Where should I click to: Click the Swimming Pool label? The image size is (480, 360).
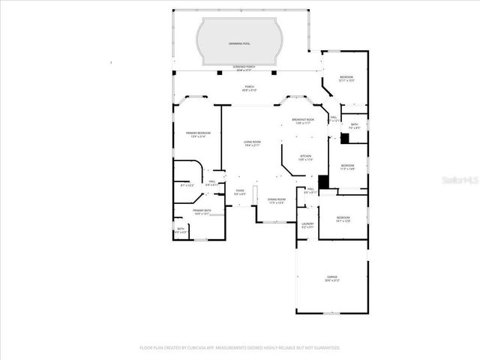(x=240, y=43)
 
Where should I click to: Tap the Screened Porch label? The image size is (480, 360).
(x=240, y=68)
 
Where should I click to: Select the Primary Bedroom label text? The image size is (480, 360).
(x=198, y=134)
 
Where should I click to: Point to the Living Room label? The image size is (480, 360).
(x=251, y=142)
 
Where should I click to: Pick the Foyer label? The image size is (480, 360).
(x=240, y=192)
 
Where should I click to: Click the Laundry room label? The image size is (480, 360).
(x=307, y=224)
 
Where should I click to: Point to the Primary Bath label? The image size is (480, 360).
(x=202, y=211)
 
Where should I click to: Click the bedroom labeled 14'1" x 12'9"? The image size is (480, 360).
(x=343, y=219)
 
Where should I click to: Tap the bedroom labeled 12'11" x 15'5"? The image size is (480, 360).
(x=346, y=79)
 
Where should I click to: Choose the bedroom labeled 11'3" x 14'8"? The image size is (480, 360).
(x=347, y=166)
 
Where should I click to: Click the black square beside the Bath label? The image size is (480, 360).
(x=344, y=137)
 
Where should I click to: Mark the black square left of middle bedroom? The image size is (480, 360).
(x=322, y=181)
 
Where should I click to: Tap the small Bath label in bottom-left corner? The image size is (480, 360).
(x=181, y=230)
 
